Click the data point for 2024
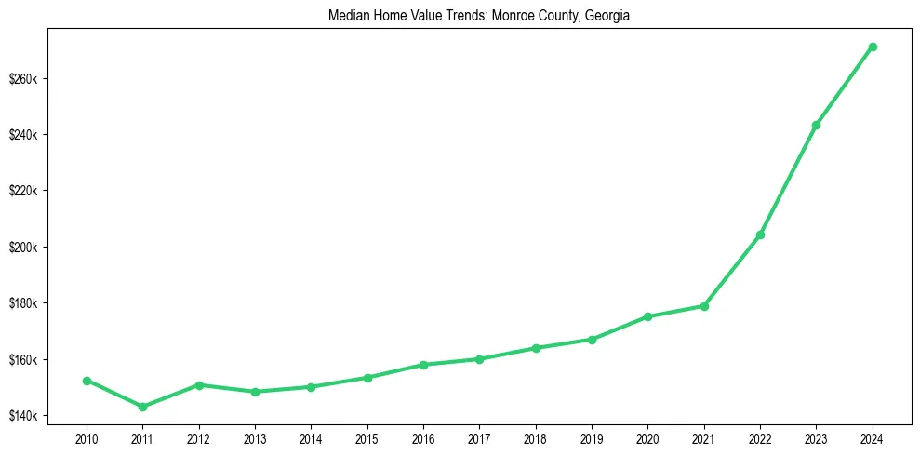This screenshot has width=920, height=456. (x=873, y=47)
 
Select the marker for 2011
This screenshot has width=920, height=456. (x=142, y=407)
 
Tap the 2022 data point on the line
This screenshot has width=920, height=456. (x=760, y=235)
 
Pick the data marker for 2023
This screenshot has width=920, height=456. (x=816, y=125)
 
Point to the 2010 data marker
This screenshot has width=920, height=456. (x=87, y=381)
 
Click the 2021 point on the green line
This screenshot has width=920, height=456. (x=704, y=306)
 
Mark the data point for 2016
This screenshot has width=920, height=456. (x=423, y=365)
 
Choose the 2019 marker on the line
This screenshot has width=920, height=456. (x=592, y=340)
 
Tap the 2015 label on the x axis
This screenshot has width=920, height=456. (x=367, y=437)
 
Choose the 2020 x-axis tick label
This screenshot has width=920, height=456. (x=647, y=437)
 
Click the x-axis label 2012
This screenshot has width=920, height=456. (x=198, y=437)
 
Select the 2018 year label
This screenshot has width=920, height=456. (x=536, y=437)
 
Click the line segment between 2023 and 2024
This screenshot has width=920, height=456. (x=845, y=86)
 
